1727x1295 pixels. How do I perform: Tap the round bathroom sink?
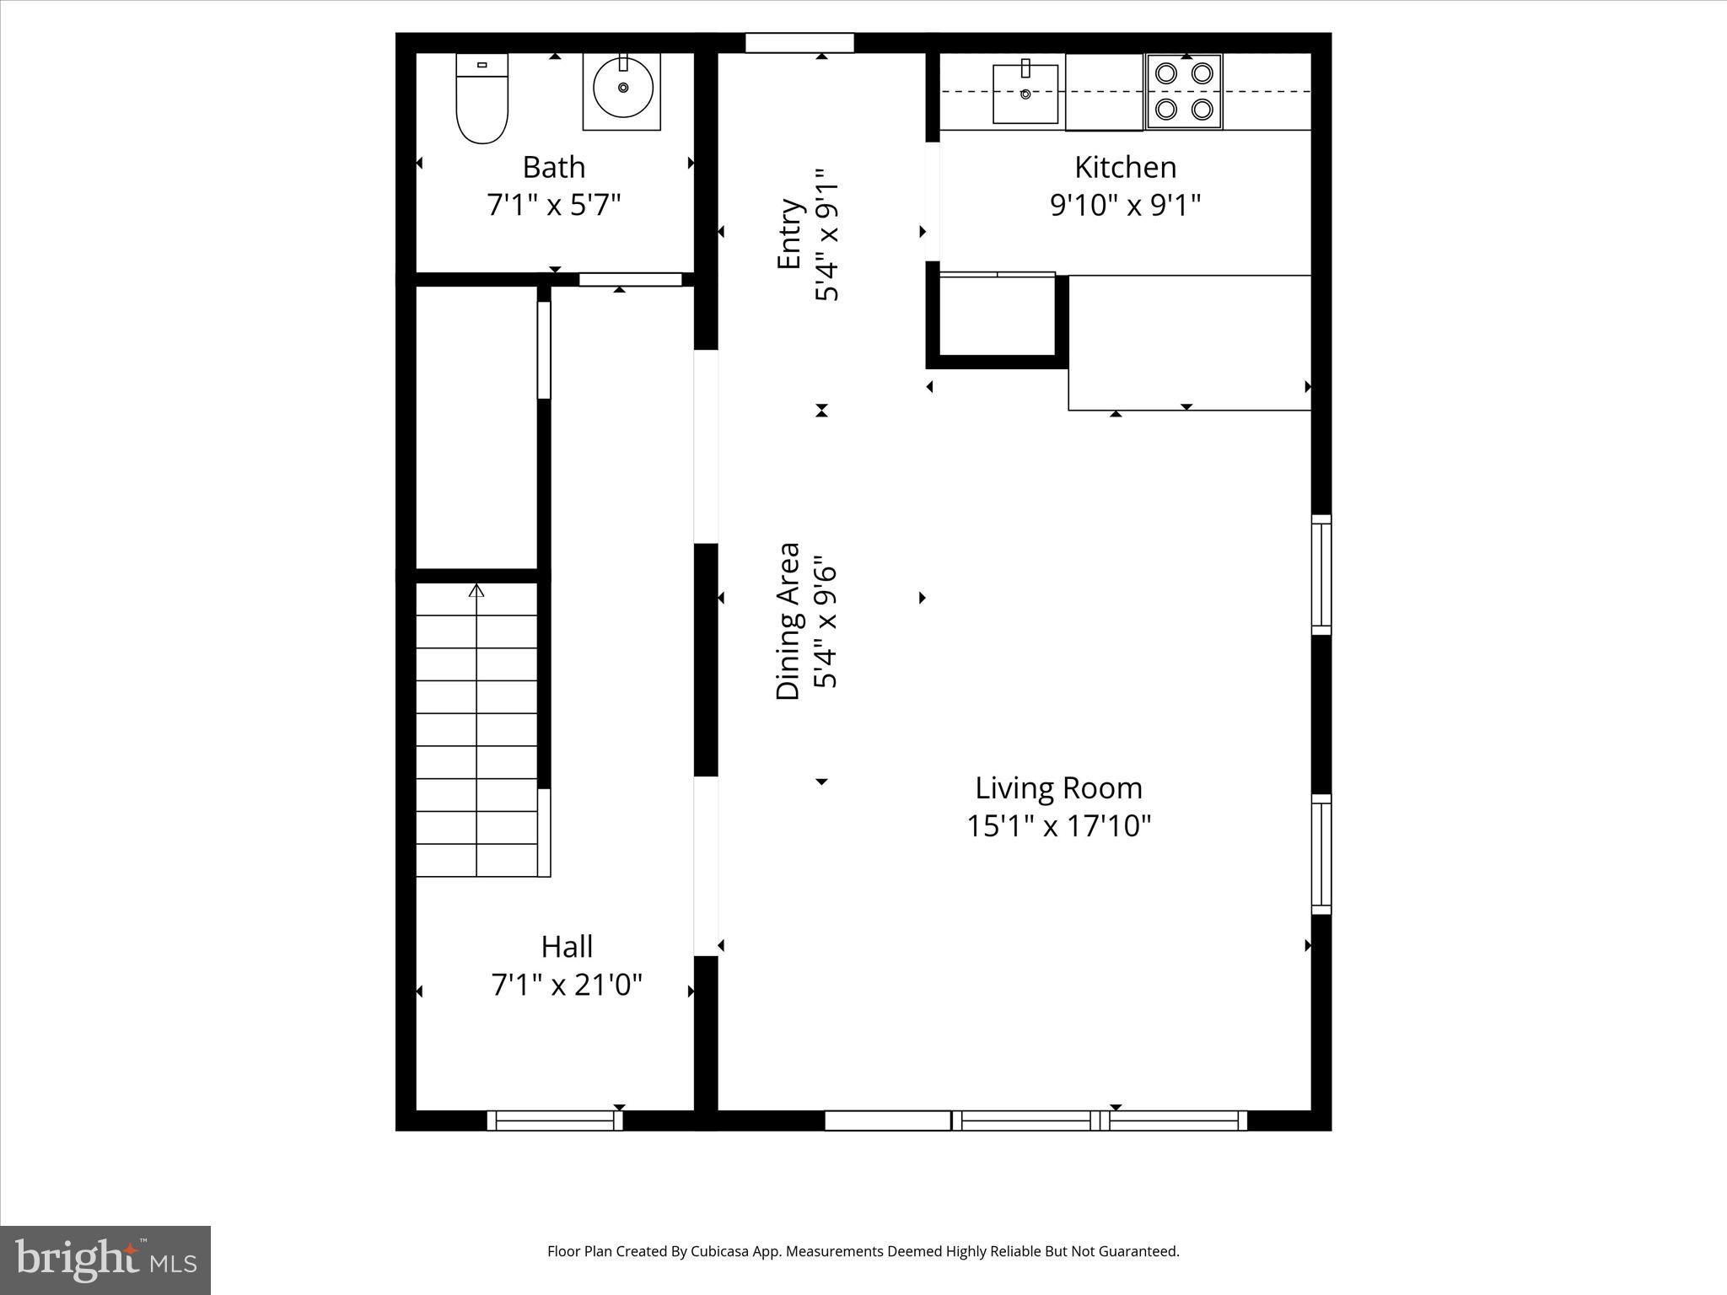[622, 89]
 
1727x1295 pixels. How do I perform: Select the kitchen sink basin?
[1025, 93]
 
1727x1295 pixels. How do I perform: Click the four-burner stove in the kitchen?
[1184, 91]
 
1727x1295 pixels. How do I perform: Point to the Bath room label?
[553, 167]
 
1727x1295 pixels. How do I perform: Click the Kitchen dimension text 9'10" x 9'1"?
[1125, 205]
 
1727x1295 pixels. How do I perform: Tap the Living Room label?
[1058, 787]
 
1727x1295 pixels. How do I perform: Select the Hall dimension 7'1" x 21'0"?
[567, 984]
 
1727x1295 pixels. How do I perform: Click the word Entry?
[788, 234]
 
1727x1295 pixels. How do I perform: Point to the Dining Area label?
[788, 621]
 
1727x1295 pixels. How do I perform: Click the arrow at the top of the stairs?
[476, 590]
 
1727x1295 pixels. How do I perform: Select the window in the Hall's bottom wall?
[555, 1120]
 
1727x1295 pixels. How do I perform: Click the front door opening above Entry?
[799, 42]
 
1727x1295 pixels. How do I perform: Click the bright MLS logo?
[105, 1260]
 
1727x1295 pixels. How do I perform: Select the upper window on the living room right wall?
[1321, 574]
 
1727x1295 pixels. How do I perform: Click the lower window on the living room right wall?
[1321, 854]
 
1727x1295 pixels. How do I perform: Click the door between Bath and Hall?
[630, 279]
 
